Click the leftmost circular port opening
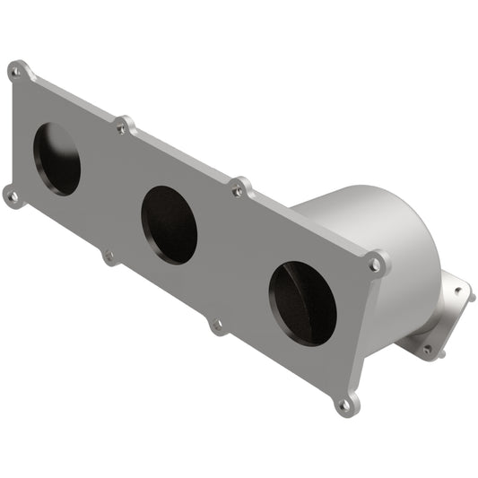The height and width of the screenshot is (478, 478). point(56,159)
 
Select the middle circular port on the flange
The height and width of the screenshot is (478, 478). point(169,224)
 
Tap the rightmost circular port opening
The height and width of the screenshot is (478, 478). point(302,303)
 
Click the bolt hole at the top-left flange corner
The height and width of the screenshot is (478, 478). point(16,70)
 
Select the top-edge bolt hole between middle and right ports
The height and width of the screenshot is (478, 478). point(239,188)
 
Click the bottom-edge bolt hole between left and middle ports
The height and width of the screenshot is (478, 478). point(109,257)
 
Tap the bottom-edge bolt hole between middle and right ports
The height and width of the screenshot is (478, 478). point(217,326)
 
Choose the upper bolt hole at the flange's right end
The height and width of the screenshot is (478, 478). point(376,264)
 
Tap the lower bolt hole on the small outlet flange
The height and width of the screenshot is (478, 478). point(427,350)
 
